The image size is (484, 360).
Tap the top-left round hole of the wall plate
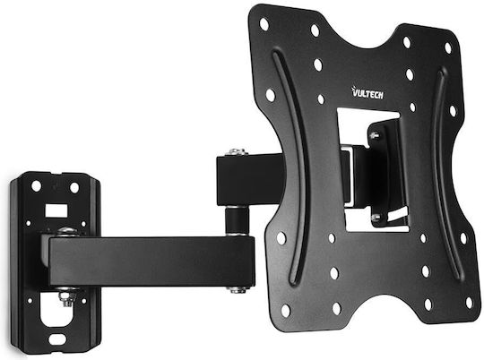click(36, 186)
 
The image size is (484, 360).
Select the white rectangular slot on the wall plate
click(56, 210)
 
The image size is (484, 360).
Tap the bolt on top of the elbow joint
click(235, 153)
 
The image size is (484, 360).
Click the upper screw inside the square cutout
click(375, 135)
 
